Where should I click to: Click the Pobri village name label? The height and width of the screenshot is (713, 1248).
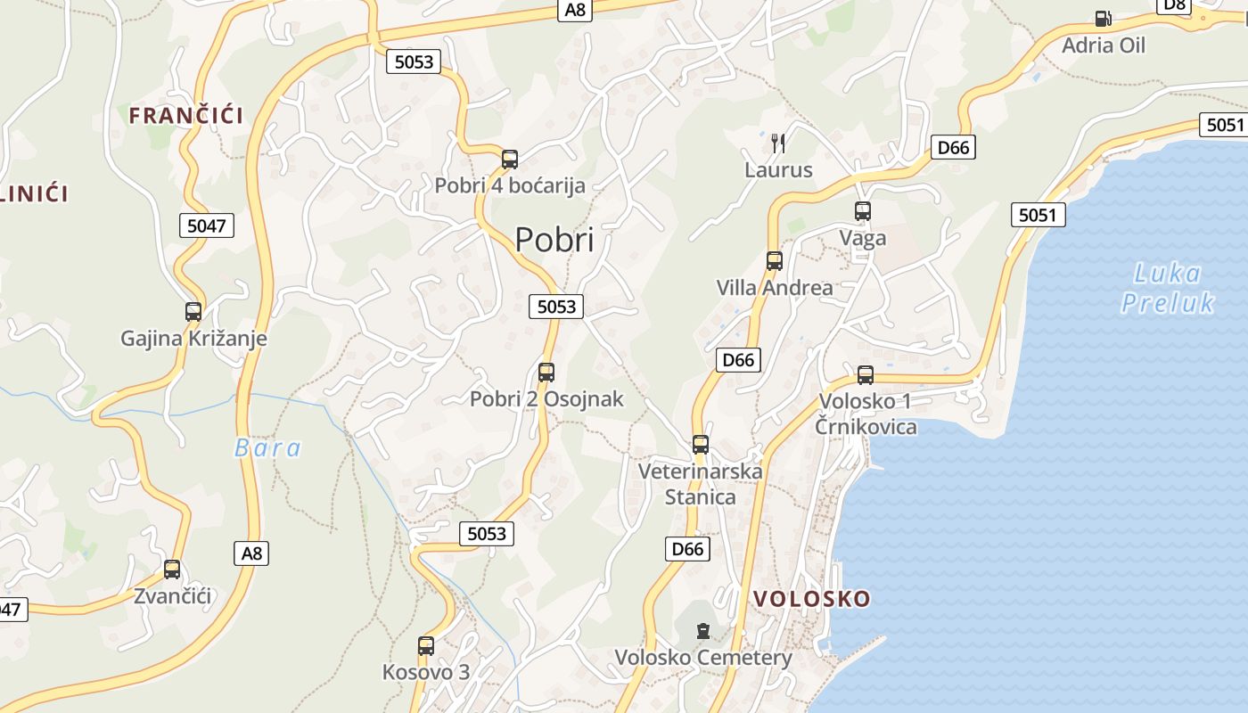[x=554, y=240]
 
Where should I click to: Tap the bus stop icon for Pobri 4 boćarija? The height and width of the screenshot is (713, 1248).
[x=510, y=160]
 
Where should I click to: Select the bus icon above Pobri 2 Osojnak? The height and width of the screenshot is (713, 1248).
[x=546, y=373]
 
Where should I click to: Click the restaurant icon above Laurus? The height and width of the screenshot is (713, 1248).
[x=778, y=143]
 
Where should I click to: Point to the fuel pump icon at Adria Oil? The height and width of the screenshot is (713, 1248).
[x=1103, y=19]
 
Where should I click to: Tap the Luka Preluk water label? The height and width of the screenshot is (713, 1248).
[x=1168, y=288]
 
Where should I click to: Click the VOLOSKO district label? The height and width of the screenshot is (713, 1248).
[x=811, y=598]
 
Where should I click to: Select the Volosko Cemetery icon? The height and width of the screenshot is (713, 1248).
[x=703, y=631]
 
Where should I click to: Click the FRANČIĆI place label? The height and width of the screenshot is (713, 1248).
[x=186, y=115]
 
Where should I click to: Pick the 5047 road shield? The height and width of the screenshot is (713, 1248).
[x=207, y=225]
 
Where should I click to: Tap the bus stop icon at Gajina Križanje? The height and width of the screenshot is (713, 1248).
[x=193, y=312]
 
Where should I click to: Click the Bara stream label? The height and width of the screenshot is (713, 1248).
[x=267, y=448]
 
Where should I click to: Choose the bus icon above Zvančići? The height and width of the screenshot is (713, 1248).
[x=172, y=570]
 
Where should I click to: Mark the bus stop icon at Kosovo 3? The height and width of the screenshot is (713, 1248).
[x=426, y=646]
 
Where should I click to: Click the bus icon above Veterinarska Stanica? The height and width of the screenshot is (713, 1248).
[x=701, y=444]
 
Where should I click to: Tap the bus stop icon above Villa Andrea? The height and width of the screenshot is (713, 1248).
[x=775, y=261]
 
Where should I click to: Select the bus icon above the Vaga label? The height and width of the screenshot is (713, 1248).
[x=863, y=211]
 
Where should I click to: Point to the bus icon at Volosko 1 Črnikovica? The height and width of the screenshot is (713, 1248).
[x=866, y=375]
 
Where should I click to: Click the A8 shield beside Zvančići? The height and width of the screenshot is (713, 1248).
[x=252, y=553]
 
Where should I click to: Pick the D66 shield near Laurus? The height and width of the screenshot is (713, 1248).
[x=953, y=147]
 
